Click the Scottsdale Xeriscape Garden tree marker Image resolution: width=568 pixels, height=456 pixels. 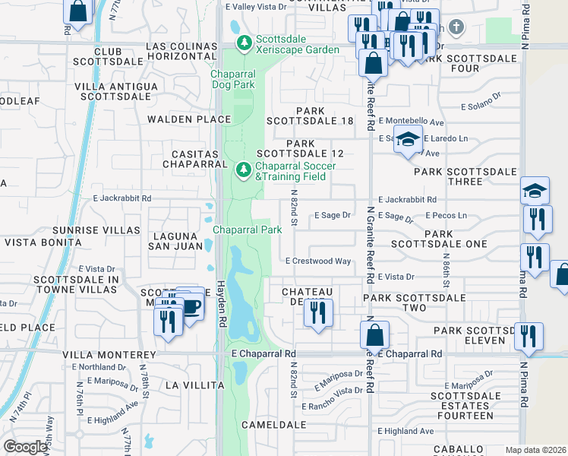244,42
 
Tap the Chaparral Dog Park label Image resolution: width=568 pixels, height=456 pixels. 232,80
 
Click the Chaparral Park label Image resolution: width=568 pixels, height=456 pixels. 247,230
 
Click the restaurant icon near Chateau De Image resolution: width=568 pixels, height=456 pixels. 318,312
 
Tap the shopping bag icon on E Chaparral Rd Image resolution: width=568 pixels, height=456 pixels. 374,334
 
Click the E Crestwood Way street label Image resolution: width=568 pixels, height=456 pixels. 318,261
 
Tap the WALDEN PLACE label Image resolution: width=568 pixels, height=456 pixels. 189,119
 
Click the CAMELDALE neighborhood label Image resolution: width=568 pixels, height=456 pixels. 273,425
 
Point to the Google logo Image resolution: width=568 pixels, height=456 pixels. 25,447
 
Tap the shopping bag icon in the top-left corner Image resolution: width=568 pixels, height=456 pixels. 77,10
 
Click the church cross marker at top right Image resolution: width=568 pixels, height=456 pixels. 455,27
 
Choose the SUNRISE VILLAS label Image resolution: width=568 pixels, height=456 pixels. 96,230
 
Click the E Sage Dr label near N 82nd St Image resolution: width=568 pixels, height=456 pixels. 332,215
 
